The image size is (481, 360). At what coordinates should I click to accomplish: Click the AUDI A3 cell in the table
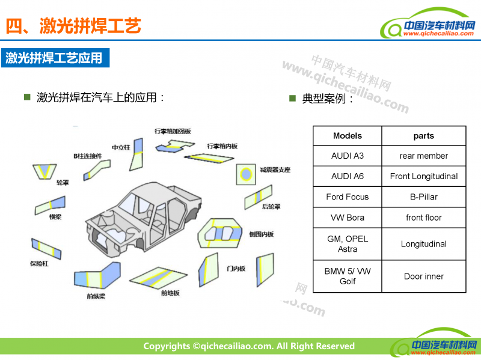[x=348, y=156]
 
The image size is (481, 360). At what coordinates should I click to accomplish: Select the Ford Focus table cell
[x=348, y=197]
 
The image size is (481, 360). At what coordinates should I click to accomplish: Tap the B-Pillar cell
[x=424, y=197]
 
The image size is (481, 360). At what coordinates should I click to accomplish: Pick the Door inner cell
[x=424, y=276]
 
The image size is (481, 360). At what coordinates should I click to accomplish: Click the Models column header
[x=348, y=136]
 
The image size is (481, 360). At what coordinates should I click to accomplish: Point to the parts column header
[x=424, y=136]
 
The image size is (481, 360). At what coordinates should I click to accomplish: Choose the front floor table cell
[x=424, y=217]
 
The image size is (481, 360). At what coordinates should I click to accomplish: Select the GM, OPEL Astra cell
[x=348, y=243]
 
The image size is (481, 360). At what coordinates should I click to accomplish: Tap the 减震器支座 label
[x=275, y=170]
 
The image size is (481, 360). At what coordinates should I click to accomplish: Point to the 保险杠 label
[x=38, y=263]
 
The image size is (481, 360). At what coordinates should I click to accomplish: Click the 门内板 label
[x=236, y=269]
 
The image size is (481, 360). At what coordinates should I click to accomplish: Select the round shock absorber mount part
[x=245, y=174]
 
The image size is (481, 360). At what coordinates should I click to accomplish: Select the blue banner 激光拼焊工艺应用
[x=55, y=58]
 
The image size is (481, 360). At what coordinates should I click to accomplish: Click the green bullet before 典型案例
[x=293, y=97]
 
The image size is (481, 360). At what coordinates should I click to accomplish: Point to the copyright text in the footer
[x=248, y=346]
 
